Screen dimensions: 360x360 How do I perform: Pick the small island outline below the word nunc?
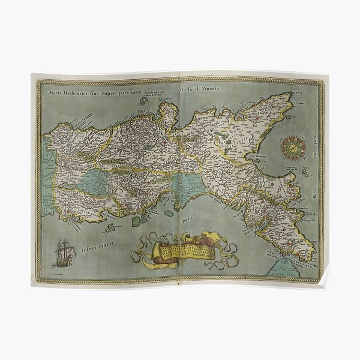[x=143, y=101]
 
